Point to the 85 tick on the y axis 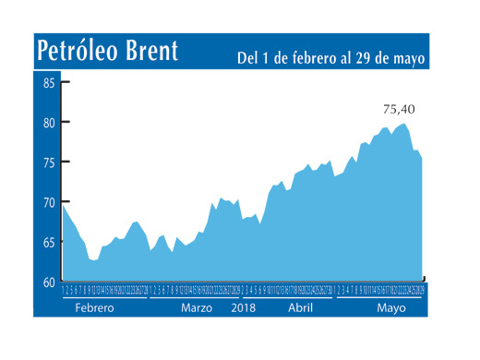49,83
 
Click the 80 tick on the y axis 49,123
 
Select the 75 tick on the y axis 49,162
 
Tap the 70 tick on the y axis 49,202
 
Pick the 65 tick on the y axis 49,242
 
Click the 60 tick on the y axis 49,282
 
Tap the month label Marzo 196,307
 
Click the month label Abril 303,307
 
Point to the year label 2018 243,307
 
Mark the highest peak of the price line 403,124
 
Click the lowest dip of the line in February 94,261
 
